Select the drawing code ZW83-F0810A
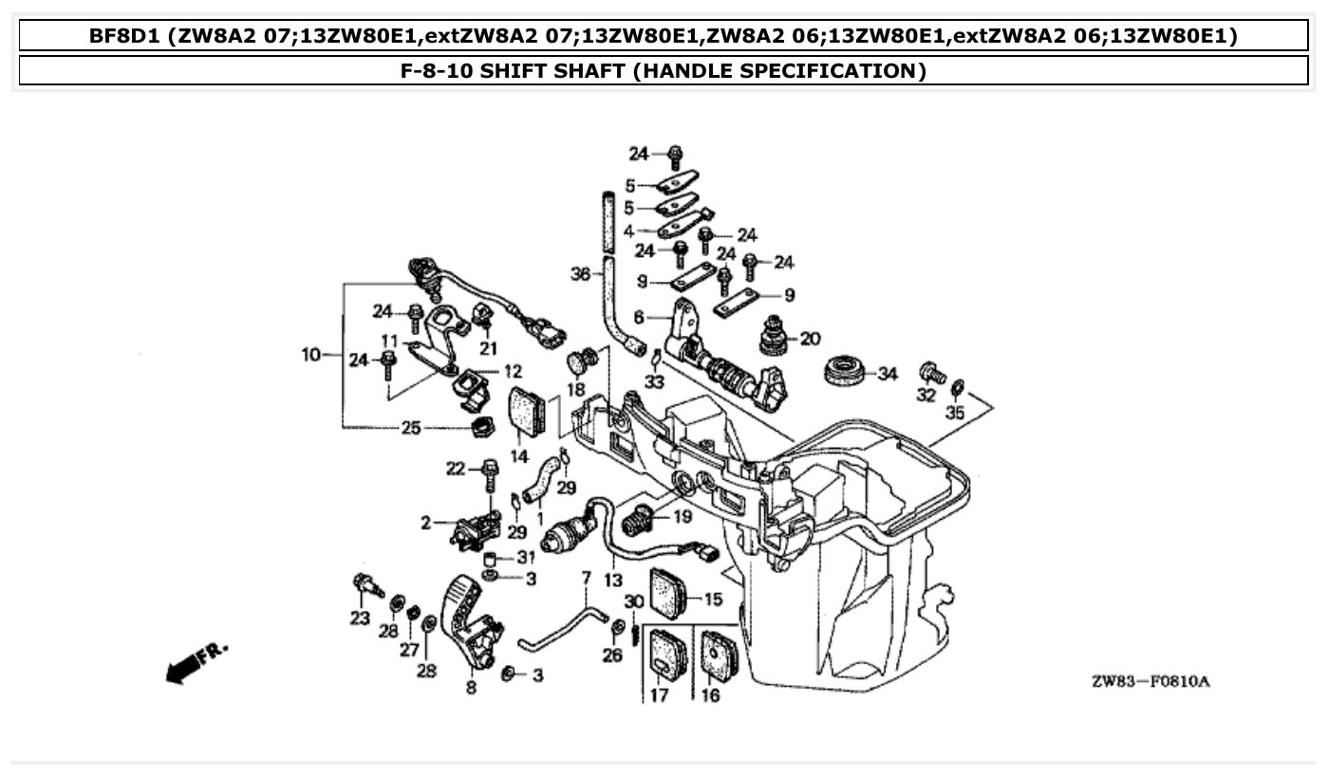pyautogui.click(x=1150, y=682)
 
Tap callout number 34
pyautogui.click(x=887, y=375)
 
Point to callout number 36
pyautogui.click(x=580, y=274)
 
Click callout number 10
pyautogui.click(x=311, y=356)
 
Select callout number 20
pyautogui.click(x=810, y=339)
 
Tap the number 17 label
pyautogui.click(x=659, y=695)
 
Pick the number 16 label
pyautogui.click(x=710, y=695)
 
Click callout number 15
pyautogui.click(x=713, y=599)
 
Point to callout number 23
pyautogui.click(x=359, y=618)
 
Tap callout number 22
pyautogui.click(x=457, y=468)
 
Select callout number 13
pyautogui.click(x=612, y=580)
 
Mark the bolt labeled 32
pyautogui.click(x=931, y=372)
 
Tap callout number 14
pyautogui.click(x=518, y=456)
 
